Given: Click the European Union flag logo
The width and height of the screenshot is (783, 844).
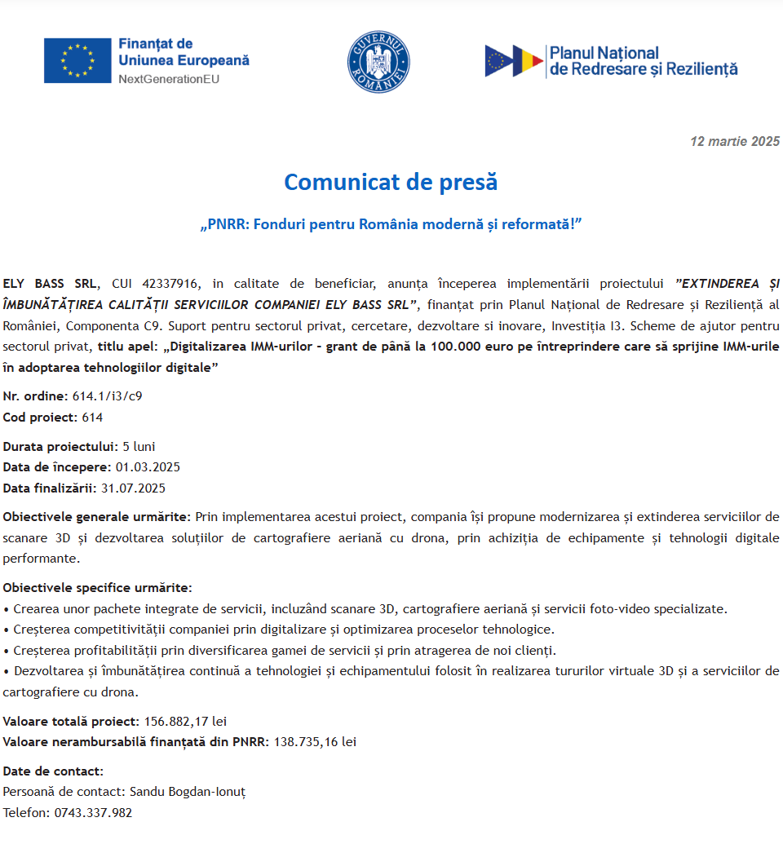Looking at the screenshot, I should point(77,60).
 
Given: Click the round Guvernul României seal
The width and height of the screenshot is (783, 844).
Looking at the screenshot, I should point(378,61).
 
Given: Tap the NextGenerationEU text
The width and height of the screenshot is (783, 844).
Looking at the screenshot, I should point(169,79).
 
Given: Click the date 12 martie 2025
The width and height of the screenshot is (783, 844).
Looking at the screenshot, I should point(735,141).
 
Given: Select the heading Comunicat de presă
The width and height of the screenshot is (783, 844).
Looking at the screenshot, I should point(391,182).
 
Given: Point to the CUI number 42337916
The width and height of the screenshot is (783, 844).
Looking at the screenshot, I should point(170,284).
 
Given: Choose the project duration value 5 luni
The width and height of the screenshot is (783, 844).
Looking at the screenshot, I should point(139,446).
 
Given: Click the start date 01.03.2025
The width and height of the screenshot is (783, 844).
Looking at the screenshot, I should point(148,467).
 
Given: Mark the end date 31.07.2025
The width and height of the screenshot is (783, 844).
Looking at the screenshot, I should point(133,488).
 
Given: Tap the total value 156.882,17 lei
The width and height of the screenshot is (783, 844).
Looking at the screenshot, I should point(185,721).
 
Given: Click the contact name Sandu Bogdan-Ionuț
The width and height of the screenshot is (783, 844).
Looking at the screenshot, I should point(188,792).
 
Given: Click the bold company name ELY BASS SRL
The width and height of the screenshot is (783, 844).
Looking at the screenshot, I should point(51,284).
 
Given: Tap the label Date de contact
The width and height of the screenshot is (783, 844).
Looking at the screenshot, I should point(53,771).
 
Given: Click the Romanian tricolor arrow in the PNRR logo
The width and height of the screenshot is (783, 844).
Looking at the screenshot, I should point(528,61).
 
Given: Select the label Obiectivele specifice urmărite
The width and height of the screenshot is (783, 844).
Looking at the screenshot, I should point(97,587).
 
